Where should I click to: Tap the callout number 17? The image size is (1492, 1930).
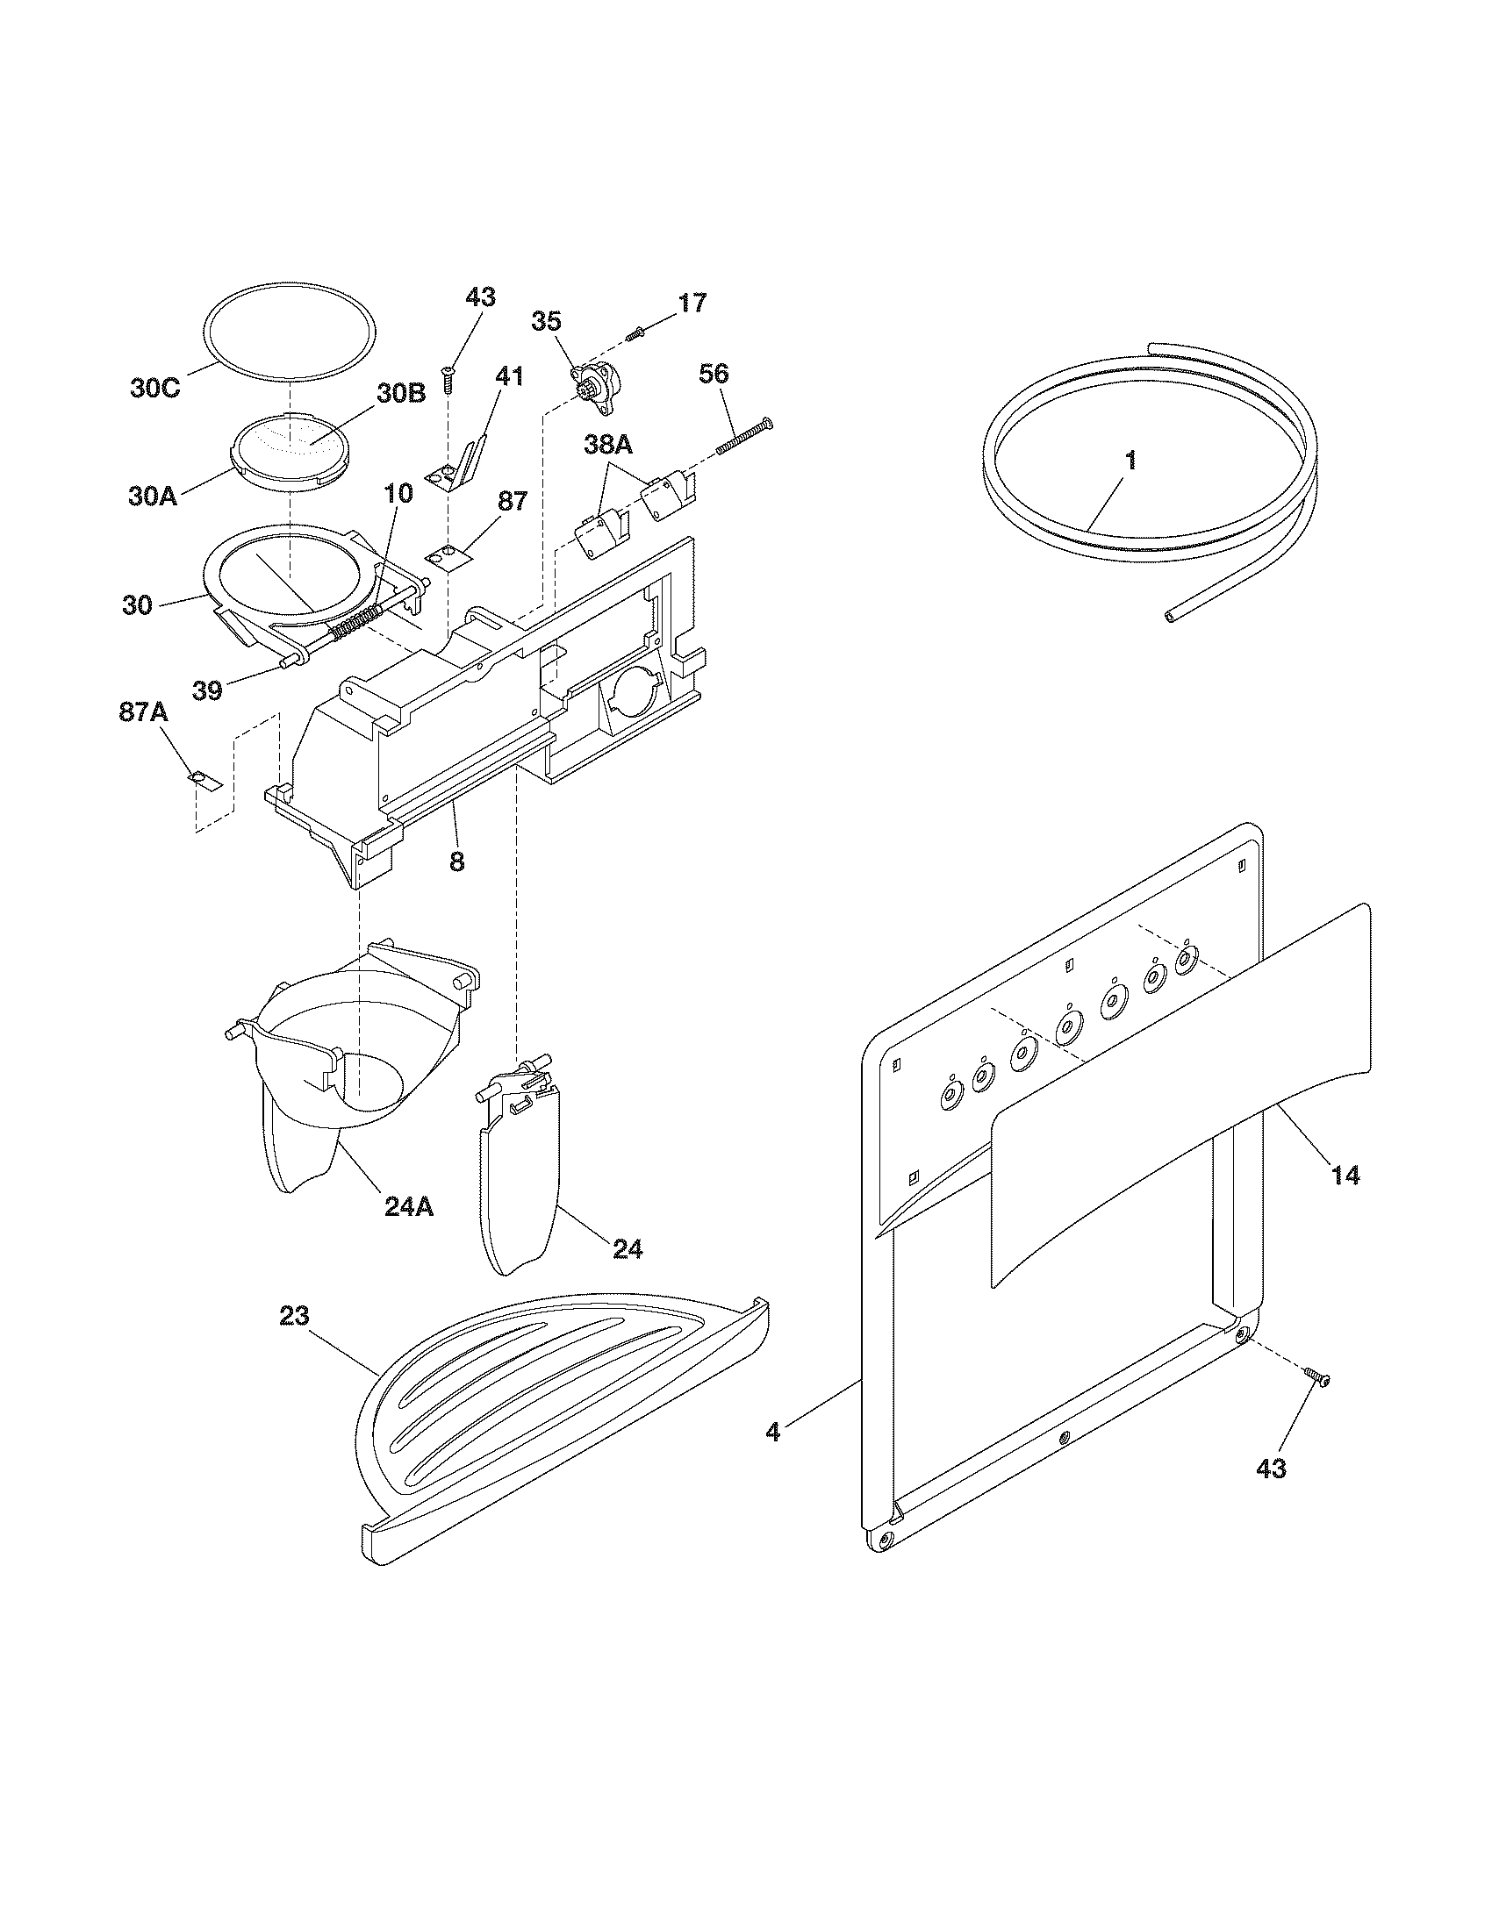[692, 304]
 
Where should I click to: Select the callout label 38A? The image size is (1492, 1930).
[608, 447]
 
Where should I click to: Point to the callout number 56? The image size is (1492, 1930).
[714, 374]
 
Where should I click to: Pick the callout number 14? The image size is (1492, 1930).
[1345, 1176]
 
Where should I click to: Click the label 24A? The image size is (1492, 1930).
[408, 1207]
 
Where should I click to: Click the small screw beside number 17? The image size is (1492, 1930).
[635, 334]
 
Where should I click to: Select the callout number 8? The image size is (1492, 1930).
[456, 861]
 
